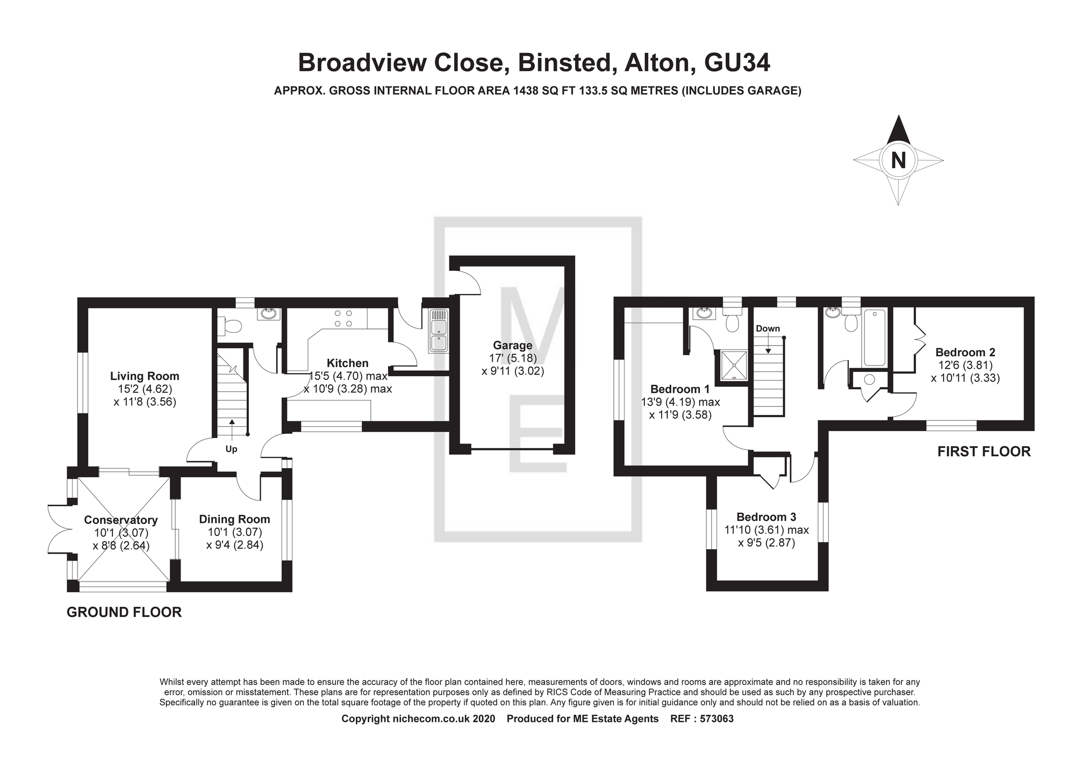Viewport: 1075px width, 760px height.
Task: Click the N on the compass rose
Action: tap(898, 160)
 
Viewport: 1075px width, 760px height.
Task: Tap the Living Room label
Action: tap(145, 376)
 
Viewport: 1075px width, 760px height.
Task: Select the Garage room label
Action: tap(513, 346)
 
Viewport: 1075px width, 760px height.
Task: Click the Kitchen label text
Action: tap(348, 363)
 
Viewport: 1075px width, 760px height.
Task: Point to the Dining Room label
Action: tap(234, 519)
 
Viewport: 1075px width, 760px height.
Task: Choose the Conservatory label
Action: tap(121, 520)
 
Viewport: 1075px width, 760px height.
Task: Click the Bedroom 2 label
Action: tap(965, 353)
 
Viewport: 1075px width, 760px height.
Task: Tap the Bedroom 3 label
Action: tap(766, 517)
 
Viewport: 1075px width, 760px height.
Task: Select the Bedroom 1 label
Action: tap(680, 389)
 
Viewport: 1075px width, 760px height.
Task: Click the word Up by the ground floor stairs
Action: tap(231, 449)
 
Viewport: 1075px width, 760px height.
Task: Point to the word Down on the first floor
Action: tap(768, 329)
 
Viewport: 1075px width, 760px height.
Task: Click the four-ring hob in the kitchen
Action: tap(343, 318)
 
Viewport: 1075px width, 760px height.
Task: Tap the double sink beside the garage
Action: tap(438, 331)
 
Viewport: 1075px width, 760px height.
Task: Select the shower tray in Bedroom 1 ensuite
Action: tap(731, 365)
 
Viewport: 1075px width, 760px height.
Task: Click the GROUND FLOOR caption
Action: tap(124, 612)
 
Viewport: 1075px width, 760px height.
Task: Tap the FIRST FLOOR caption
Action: tap(984, 451)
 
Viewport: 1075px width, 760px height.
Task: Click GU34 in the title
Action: tap(737, 62)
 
